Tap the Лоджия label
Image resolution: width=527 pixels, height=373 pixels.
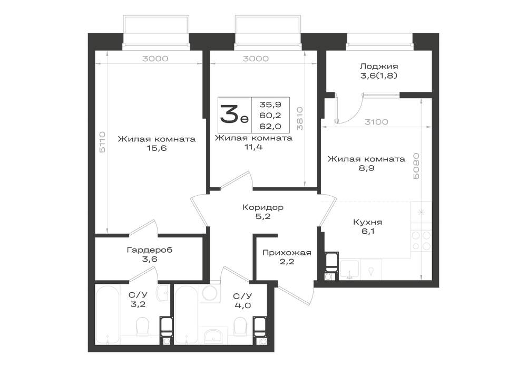(378, 66)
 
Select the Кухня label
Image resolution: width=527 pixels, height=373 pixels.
(367, 222)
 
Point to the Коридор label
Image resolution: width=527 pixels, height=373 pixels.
(262, 207)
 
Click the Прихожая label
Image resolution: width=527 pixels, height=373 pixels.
(287, 252)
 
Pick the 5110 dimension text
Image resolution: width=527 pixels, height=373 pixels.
(102, 142)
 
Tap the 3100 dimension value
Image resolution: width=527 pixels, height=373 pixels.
(376, 122)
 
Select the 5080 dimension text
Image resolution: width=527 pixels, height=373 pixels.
(416, 166)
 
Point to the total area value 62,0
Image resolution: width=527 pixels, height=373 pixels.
(270, 127)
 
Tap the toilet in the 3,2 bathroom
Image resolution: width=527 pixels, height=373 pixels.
(142, 326)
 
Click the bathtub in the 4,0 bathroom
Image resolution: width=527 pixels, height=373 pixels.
(187, 314)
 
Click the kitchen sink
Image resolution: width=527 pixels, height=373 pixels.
(349, 270)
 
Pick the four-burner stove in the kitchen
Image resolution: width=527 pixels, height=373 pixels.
(421, 241)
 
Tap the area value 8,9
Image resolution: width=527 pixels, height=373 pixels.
(366, 168)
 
